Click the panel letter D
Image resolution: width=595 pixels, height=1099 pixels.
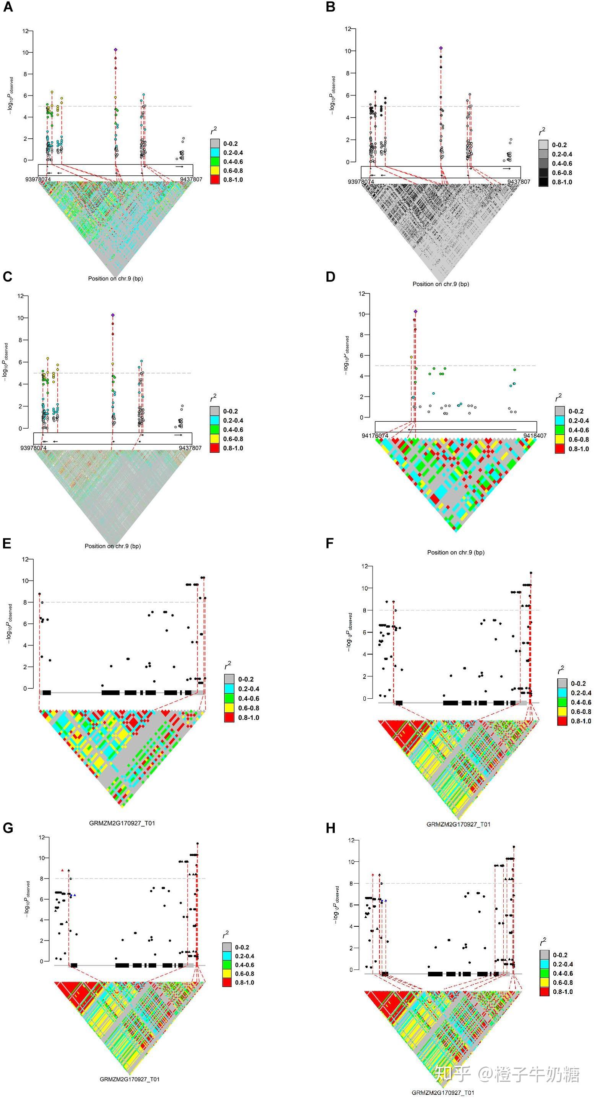(x=331, y=277)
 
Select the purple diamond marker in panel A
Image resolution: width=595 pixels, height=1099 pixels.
(x=115, y=50)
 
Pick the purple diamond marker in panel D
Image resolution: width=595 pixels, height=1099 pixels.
(x=415, y=311)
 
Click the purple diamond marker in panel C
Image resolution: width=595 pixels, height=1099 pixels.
(x=113, y=315)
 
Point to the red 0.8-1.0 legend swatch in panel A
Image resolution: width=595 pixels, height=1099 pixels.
(x=215, y=180)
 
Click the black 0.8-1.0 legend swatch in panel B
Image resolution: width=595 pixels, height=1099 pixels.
(x=543, y=182)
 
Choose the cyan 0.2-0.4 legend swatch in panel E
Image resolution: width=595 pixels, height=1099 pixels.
(x=229, y=689)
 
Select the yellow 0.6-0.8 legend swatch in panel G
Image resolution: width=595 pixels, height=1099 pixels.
(x=227, y=974)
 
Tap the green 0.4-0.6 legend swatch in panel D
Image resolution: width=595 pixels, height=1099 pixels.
(x=559, y=430)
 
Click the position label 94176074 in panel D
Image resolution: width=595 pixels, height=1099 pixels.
(x=375, y=435)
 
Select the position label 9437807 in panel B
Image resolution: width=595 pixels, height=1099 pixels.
(x=519, y=182)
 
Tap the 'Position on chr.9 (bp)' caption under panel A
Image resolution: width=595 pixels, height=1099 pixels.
(x=115, y=278)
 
